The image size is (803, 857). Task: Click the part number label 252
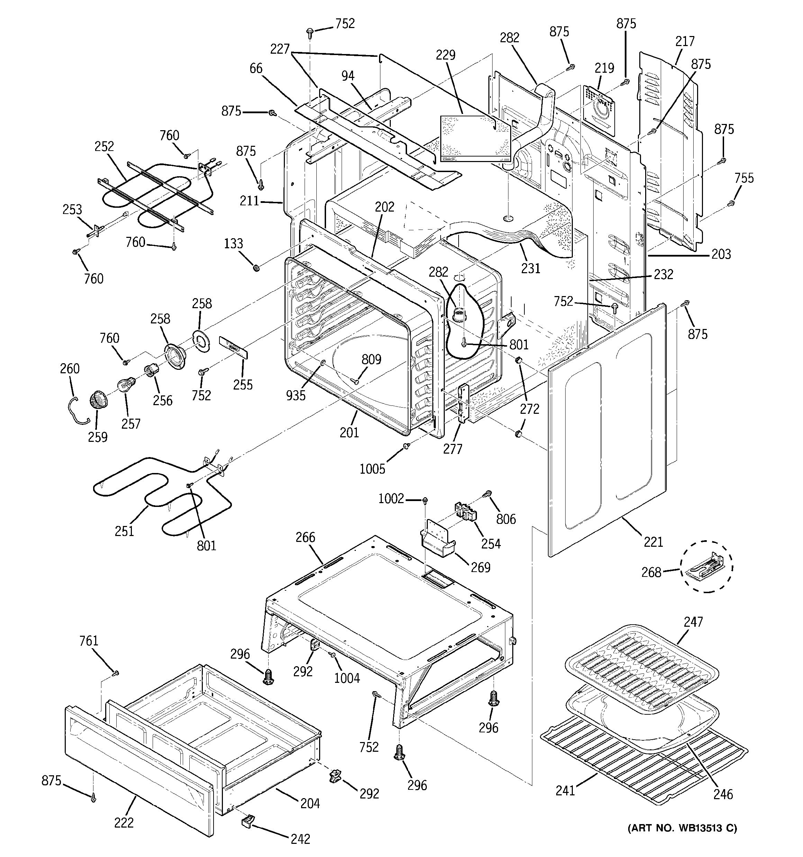104,146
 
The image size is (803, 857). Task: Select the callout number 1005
372,468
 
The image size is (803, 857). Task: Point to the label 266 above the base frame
305,537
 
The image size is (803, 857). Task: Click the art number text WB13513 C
682,828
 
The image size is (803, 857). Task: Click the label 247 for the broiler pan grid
693,622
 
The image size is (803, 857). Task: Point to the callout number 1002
391,499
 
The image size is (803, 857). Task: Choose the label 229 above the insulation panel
445,55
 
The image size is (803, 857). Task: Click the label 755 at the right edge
744,178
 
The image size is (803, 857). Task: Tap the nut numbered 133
255,268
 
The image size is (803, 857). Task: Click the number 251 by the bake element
124,531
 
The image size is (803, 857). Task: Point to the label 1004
347,678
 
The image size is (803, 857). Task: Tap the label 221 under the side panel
653,542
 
